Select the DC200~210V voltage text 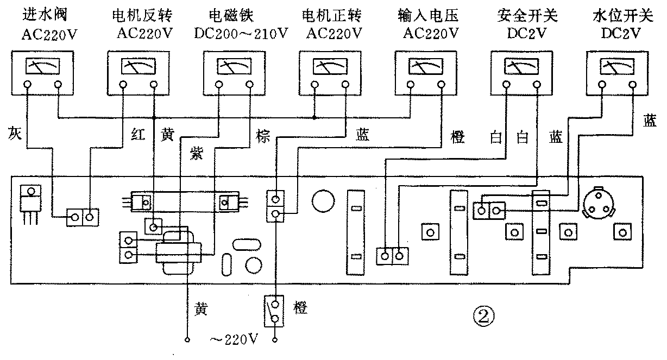[x=241, y=34]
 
